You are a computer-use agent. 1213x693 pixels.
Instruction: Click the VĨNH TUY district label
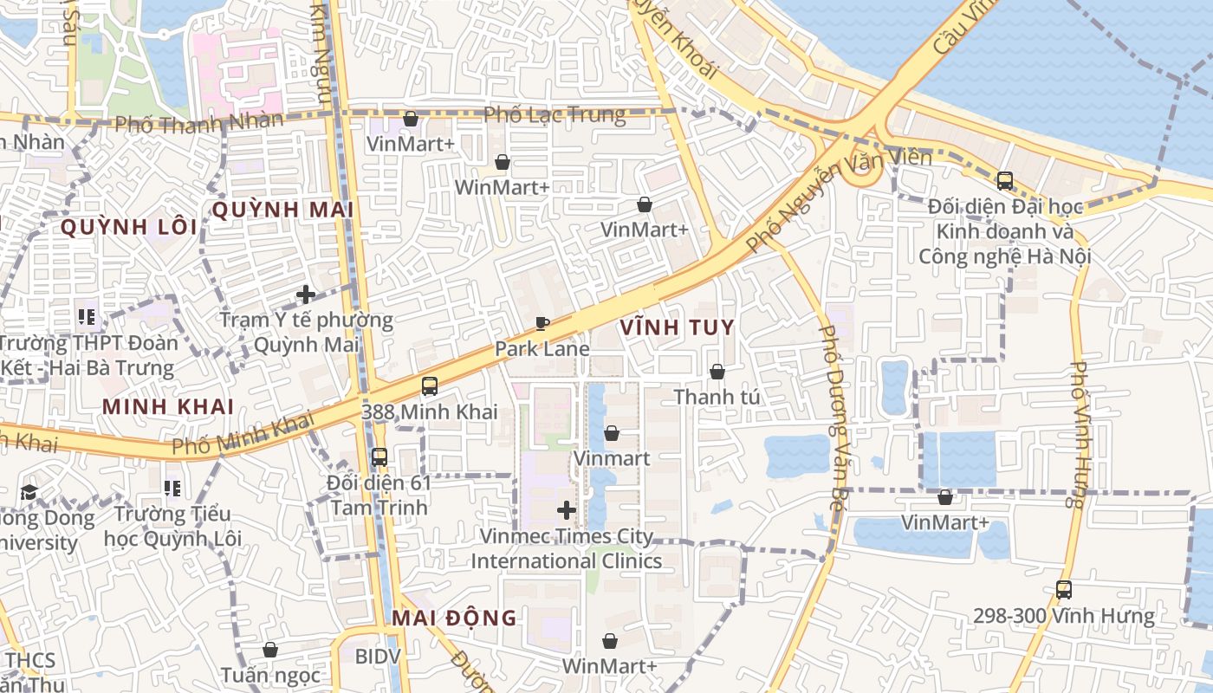click(x=678, y=327)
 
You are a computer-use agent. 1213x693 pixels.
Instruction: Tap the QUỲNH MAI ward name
click(x=282, y=210)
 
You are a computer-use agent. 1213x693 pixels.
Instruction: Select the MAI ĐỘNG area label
click(x=454, y=618)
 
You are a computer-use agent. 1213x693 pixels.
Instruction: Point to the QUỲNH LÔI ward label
click(x=129, y=227)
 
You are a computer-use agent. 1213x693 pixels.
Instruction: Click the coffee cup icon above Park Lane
click(x=542, y=324)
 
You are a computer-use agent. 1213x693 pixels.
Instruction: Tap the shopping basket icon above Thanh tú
click(x=717, y=372)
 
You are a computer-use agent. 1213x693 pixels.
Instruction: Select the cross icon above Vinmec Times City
click(x=567, y=510)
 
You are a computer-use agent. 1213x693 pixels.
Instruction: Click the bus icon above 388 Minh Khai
click(x=430, y=386)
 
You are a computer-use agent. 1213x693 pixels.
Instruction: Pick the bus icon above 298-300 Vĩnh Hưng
click(x=1064, y=590)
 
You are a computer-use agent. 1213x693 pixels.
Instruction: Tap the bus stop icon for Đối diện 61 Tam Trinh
click(x=379, y=457)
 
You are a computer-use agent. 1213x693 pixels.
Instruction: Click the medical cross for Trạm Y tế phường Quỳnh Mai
click(x=305, y=295)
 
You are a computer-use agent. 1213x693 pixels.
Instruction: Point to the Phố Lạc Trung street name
click(x=555, y=114)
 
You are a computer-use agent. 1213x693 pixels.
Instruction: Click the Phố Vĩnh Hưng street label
click(x=1078, y=433)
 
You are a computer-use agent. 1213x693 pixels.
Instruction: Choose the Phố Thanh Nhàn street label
click(x=199, y=122)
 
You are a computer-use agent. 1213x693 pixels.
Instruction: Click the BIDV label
click(x=378, y=656)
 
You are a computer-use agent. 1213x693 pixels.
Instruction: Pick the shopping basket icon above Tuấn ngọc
click(x=270, y=650)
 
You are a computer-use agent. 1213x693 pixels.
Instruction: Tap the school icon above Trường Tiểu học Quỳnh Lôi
click(x=172, y=489)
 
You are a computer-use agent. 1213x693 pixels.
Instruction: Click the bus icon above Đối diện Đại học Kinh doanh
click(x=1005, y=181)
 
